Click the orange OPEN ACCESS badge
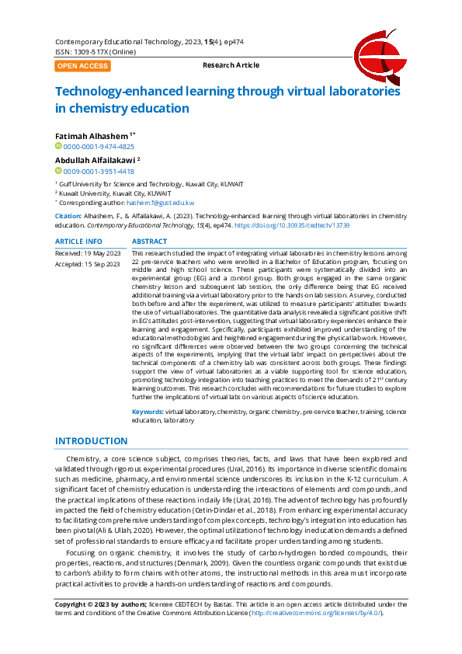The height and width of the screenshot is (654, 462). tap(82, 66)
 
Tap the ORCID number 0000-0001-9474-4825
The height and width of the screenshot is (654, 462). tap(98, 146)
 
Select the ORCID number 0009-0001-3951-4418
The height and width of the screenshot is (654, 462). tap(98, 171)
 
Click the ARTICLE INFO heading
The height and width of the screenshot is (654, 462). tap(78, 242)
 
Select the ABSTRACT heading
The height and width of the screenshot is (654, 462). tap(150, 242)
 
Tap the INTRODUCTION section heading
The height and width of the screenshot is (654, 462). tap(91, 441)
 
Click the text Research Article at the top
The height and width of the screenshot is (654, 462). tap(231, 65)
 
